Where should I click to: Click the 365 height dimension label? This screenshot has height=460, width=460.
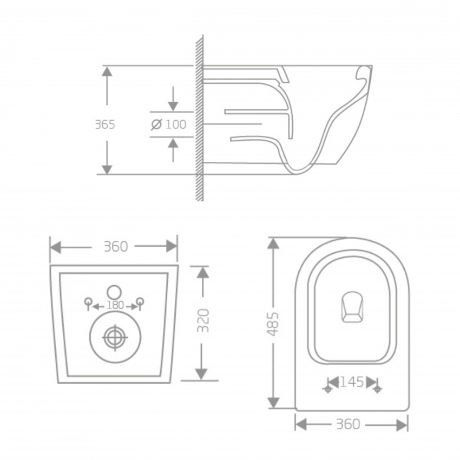click(105, 124)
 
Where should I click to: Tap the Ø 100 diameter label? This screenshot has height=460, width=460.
click(168, 124)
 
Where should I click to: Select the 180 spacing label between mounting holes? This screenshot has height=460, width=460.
click(115, 305)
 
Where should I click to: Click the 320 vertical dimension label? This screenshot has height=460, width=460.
click(202, 321)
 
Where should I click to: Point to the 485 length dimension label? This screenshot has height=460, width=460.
click(274, 324)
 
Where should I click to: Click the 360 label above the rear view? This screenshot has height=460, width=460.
click(115, 247)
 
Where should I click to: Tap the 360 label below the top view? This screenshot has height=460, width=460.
click(347, 424)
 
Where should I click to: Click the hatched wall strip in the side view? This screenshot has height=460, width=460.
click(199, 119)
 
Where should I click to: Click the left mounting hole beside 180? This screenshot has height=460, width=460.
click(87, 302)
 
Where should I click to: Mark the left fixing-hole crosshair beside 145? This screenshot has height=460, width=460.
click(326, 389)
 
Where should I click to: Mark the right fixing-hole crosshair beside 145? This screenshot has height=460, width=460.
click(377, 389)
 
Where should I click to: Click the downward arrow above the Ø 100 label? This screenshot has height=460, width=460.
click(173, 100)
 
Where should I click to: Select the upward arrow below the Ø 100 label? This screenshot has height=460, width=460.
click(173, 148)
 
